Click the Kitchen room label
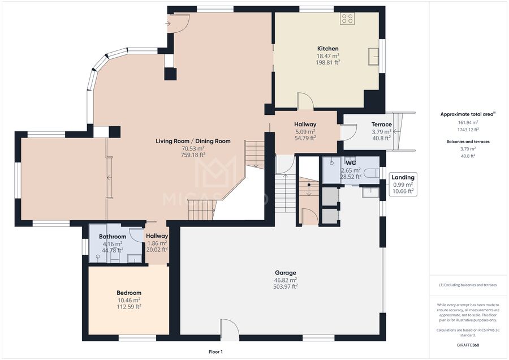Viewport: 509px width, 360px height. click(x=328, y=49)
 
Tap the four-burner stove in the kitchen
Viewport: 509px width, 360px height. click(x=347, y=19)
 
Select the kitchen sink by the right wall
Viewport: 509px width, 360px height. click(x=374, y=57)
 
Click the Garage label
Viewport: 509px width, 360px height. click(x=286, y=273)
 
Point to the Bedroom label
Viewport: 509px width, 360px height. click(x=129, y=293)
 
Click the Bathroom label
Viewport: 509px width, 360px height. click(x=113, y=237)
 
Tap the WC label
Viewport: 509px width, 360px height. click(x=351, y=163)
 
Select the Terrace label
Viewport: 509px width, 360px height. click(x=381, y=125)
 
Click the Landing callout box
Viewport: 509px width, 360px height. click(x=403, y=184)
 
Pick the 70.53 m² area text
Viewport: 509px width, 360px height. click(x=193, y=148)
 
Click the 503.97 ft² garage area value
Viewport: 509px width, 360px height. click(x=286, y=286)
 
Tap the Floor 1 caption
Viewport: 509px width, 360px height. click(x=215, y=352)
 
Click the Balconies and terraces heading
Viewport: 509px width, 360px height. click(x=468, y=142)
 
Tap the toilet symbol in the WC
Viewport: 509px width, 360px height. click(x=372, y=173)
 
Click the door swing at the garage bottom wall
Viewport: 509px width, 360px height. click(x=230, y=329)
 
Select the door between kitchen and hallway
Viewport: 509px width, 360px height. click(x=305, y=100)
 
